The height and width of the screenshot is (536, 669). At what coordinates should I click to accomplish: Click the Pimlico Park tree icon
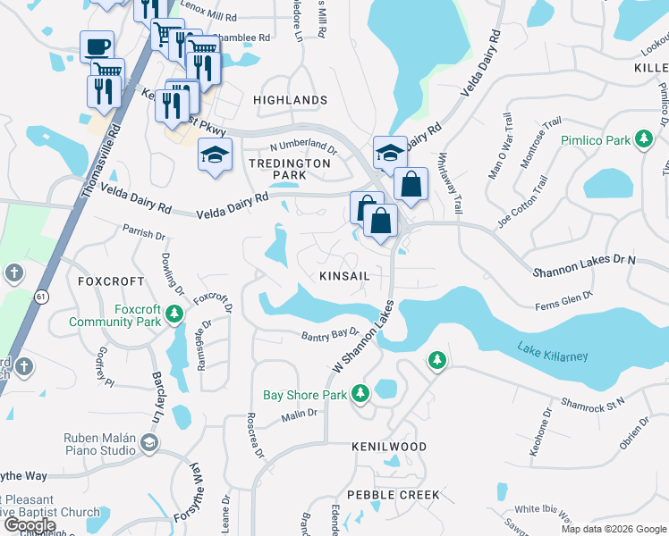pos(642,138)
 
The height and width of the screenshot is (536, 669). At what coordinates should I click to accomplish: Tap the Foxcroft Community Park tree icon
pos(174,314)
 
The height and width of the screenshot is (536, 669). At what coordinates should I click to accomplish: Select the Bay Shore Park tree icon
pos(360,393)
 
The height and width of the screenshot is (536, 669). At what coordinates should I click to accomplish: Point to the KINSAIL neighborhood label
pos(344,276)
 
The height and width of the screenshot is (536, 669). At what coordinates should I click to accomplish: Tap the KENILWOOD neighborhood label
pos(388,446)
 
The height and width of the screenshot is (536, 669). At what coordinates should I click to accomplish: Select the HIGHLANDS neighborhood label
pos(290,100)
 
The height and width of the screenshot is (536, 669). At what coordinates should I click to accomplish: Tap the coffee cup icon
pos(97,46)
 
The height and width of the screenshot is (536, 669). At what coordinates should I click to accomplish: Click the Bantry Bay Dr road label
pos(328,334)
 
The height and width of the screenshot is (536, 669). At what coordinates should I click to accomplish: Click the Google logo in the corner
pos(30,525)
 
